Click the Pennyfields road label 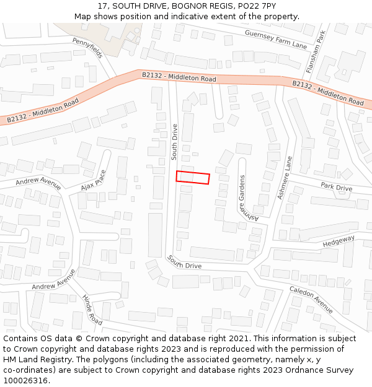pos(87,48)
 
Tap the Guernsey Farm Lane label pos(275,40)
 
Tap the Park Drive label pos(336,187)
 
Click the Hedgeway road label pos(339,241)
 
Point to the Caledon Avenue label pos(311,300)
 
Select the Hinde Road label pos(92,310)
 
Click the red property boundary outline pos(193,178)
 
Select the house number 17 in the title pos(102,6)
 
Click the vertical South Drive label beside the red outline pos(175,141)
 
